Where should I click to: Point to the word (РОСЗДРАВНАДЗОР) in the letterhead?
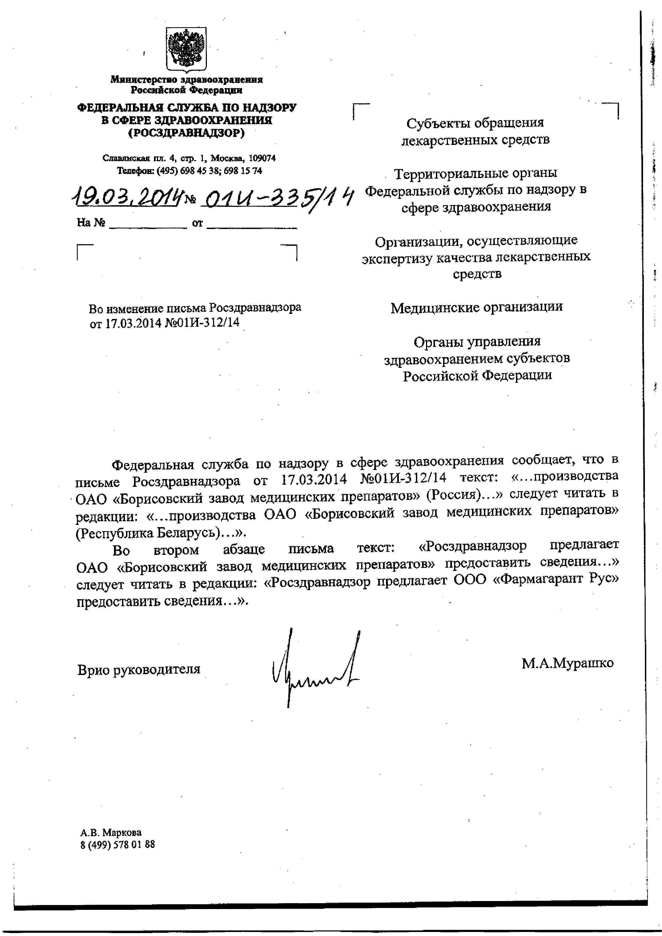point(186,133)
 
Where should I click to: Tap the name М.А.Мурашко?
point(567,663)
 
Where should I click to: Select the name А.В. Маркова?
point(111,832)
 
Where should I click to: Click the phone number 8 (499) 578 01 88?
point(118,844)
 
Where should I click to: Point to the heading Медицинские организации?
point(476,307)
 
